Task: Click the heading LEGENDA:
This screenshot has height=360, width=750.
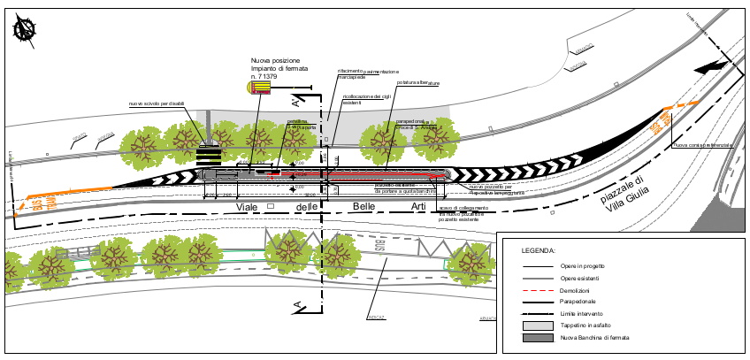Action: pos(537,251)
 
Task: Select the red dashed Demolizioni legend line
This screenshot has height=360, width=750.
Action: pos(541,290)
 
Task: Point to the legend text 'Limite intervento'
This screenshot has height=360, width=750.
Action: pos(584,314)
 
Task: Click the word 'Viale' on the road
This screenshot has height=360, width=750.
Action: pos(250,207)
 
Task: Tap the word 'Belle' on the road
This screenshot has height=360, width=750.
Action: pos(364,206)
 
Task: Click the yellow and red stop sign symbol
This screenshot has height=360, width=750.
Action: pos(262,86)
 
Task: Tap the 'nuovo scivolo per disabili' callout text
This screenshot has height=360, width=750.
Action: pos(157,104)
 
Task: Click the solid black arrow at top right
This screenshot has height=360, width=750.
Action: pos(709,66)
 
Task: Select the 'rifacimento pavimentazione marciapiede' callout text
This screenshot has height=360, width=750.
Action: pos(368,74)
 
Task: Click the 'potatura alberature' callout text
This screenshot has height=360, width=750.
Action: pos(417,83)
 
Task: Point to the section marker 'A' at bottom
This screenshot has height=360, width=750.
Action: pos(299,308)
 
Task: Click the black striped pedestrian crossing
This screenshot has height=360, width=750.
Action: pos(209,156)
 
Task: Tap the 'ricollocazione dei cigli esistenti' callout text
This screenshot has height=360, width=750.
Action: pos(367,99)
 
